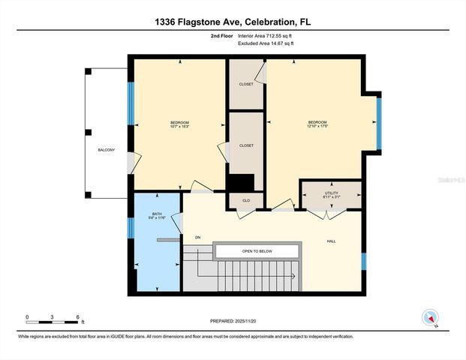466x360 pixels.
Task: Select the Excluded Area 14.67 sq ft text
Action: [x=266, y=43]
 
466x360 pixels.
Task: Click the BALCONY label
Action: [x=107, y=150]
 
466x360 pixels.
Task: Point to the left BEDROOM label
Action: [x=179, y=122]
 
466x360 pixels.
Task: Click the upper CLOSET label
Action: [x=245, y=84]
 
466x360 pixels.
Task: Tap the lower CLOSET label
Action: [x=245, y=145]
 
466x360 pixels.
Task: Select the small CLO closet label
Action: [x=245, y=200]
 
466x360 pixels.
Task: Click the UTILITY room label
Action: [x=331, y=193]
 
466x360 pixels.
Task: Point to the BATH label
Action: [x=157, y=213]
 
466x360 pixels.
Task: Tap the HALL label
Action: [x=331, y=241]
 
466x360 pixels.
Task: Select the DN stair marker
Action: [x=197, y=238]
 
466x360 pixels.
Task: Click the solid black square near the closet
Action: [x=241, y=182]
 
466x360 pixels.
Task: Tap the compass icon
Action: [x=431, y=317]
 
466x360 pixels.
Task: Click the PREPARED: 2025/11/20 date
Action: [x=232, y=320]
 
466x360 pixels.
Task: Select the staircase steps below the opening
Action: [x=248, y=275]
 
